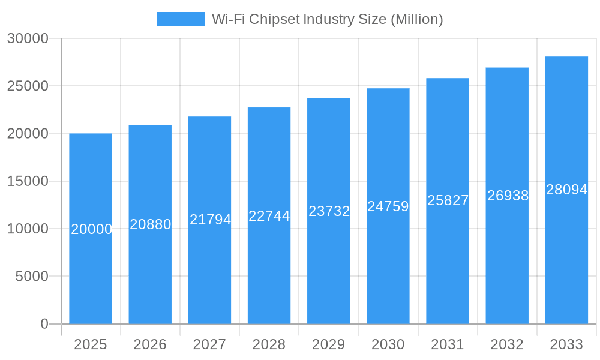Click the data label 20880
151,224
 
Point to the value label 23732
329,211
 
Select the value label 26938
508,196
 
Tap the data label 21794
210,220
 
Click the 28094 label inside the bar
566,190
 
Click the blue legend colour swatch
180,19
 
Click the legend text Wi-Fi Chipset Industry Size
327,19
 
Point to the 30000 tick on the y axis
27,38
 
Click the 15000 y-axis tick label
27,181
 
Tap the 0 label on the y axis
44,324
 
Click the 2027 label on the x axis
209,344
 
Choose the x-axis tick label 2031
448,344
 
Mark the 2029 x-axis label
329,344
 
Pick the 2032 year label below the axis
507,344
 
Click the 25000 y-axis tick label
27,86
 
